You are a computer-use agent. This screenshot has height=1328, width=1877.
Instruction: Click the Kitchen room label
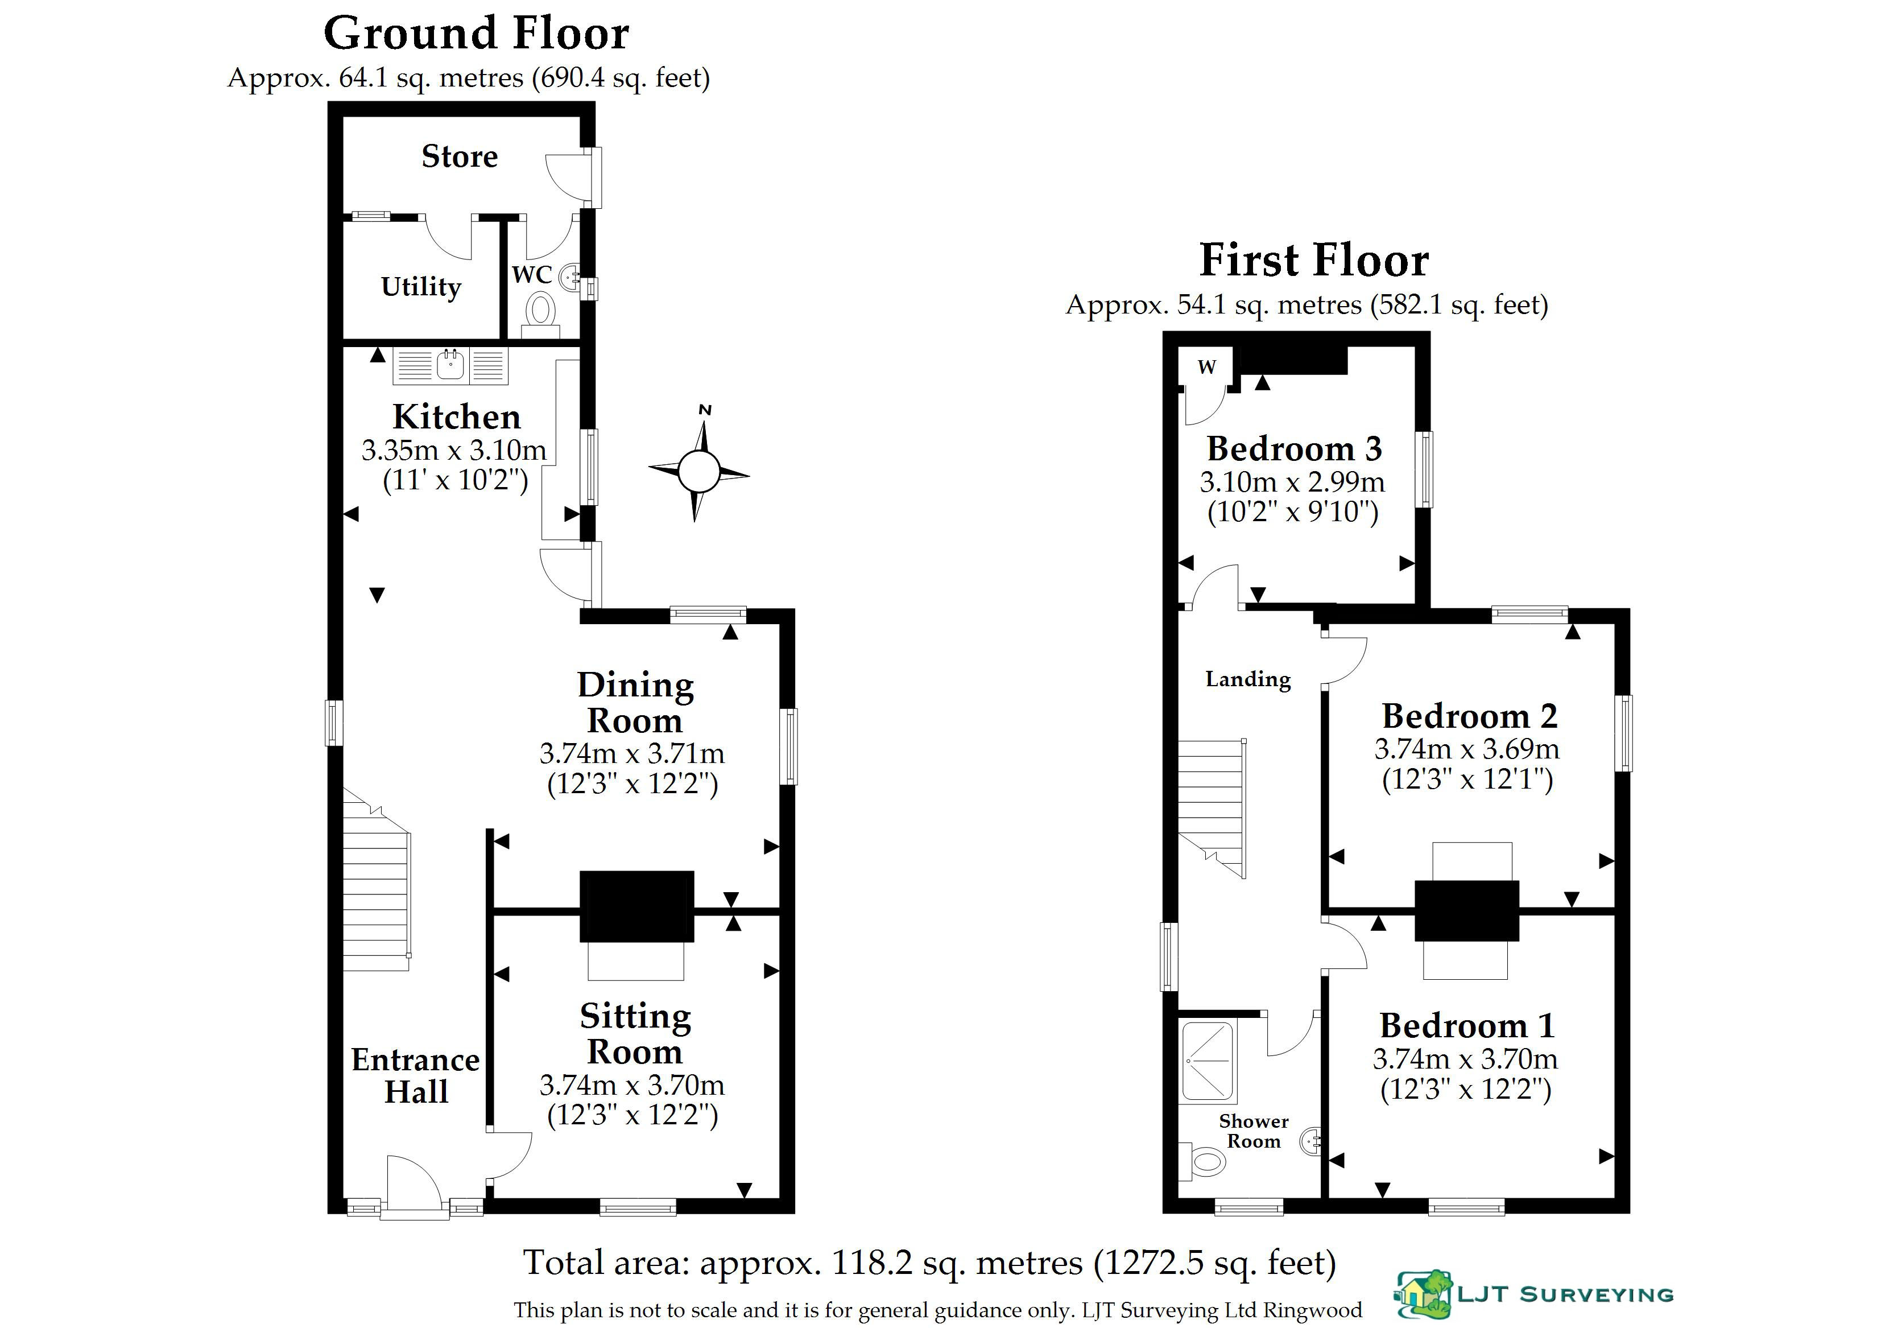(456, 416)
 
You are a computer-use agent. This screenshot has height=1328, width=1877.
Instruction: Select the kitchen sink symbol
(450, 365)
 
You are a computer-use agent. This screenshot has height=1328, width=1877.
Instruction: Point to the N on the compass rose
(705, 410)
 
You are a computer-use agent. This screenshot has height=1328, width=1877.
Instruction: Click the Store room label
(460, 156)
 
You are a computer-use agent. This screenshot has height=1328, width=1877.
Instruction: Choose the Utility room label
(421, 286)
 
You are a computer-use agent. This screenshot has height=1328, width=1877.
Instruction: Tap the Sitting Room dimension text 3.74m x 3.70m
(632, 1084)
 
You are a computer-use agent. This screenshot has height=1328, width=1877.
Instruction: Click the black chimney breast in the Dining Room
(637, 906)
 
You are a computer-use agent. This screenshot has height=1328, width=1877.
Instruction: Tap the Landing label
(1248, 679)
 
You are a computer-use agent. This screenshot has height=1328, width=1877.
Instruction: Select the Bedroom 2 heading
(1469, 716)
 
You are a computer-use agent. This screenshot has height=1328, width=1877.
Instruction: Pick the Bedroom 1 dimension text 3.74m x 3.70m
(1465, 1059)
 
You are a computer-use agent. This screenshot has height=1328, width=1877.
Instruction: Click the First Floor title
(1314, 260)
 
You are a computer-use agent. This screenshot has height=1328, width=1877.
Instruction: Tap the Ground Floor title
(477, 34)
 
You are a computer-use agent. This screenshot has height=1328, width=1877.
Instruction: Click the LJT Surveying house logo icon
(1423, 1294)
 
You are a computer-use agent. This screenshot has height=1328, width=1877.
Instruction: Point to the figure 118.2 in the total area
(871, 1263)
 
